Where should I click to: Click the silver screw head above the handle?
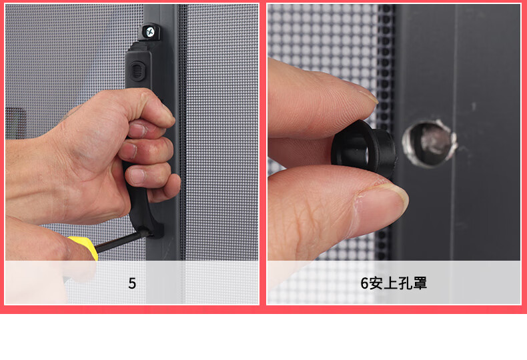tap(150, 32)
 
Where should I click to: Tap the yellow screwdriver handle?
tap(84, 247)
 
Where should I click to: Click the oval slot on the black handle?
tap(137, 71)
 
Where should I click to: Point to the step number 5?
tap(132, 283)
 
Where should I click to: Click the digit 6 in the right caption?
tap(365, 283)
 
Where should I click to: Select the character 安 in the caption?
tap(376, 283)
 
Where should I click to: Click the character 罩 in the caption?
tap(420, 283)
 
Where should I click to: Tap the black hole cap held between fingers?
tap(364, 149)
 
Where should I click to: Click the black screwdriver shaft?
tap(121, 241)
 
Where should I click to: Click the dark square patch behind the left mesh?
tap(15, 123)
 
